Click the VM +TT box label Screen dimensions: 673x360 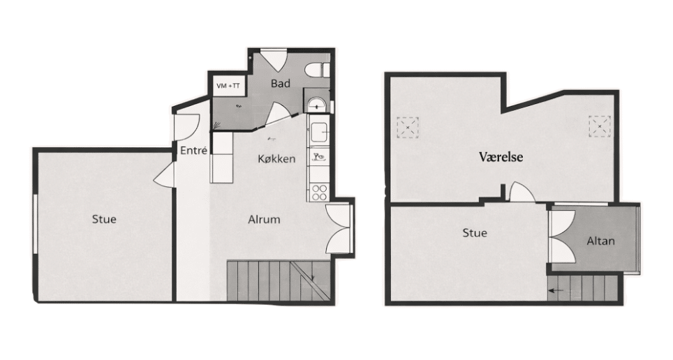click(x=228, y=86)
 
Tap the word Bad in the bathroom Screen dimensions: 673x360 click(x=280, y=83)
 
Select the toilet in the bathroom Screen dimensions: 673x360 click(x=317, y=70)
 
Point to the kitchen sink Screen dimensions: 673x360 click(x=318, y=132)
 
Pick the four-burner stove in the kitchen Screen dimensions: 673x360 click(x=319, y=192)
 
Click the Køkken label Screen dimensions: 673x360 click(x=277, y=159)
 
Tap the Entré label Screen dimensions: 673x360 click(x=193, y=150)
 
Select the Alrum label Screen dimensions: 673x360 click(x=264, y=219)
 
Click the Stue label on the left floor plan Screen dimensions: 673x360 click(x=104, y=219)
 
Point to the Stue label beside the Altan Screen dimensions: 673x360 click(x=475, y=233)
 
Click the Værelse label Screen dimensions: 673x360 click(x=501, y=156)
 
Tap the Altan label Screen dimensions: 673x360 click(x=600, y=241)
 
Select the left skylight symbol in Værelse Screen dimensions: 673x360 click(x=407, y=128)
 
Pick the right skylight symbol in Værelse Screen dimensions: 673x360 click(x=600, y=126)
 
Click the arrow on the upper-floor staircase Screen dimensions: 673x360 click(x=556, y=290)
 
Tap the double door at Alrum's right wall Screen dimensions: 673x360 click(x=339, y=229)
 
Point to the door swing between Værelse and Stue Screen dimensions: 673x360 click(x=522, y=192)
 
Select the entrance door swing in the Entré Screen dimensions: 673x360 click(x=186, y=127)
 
